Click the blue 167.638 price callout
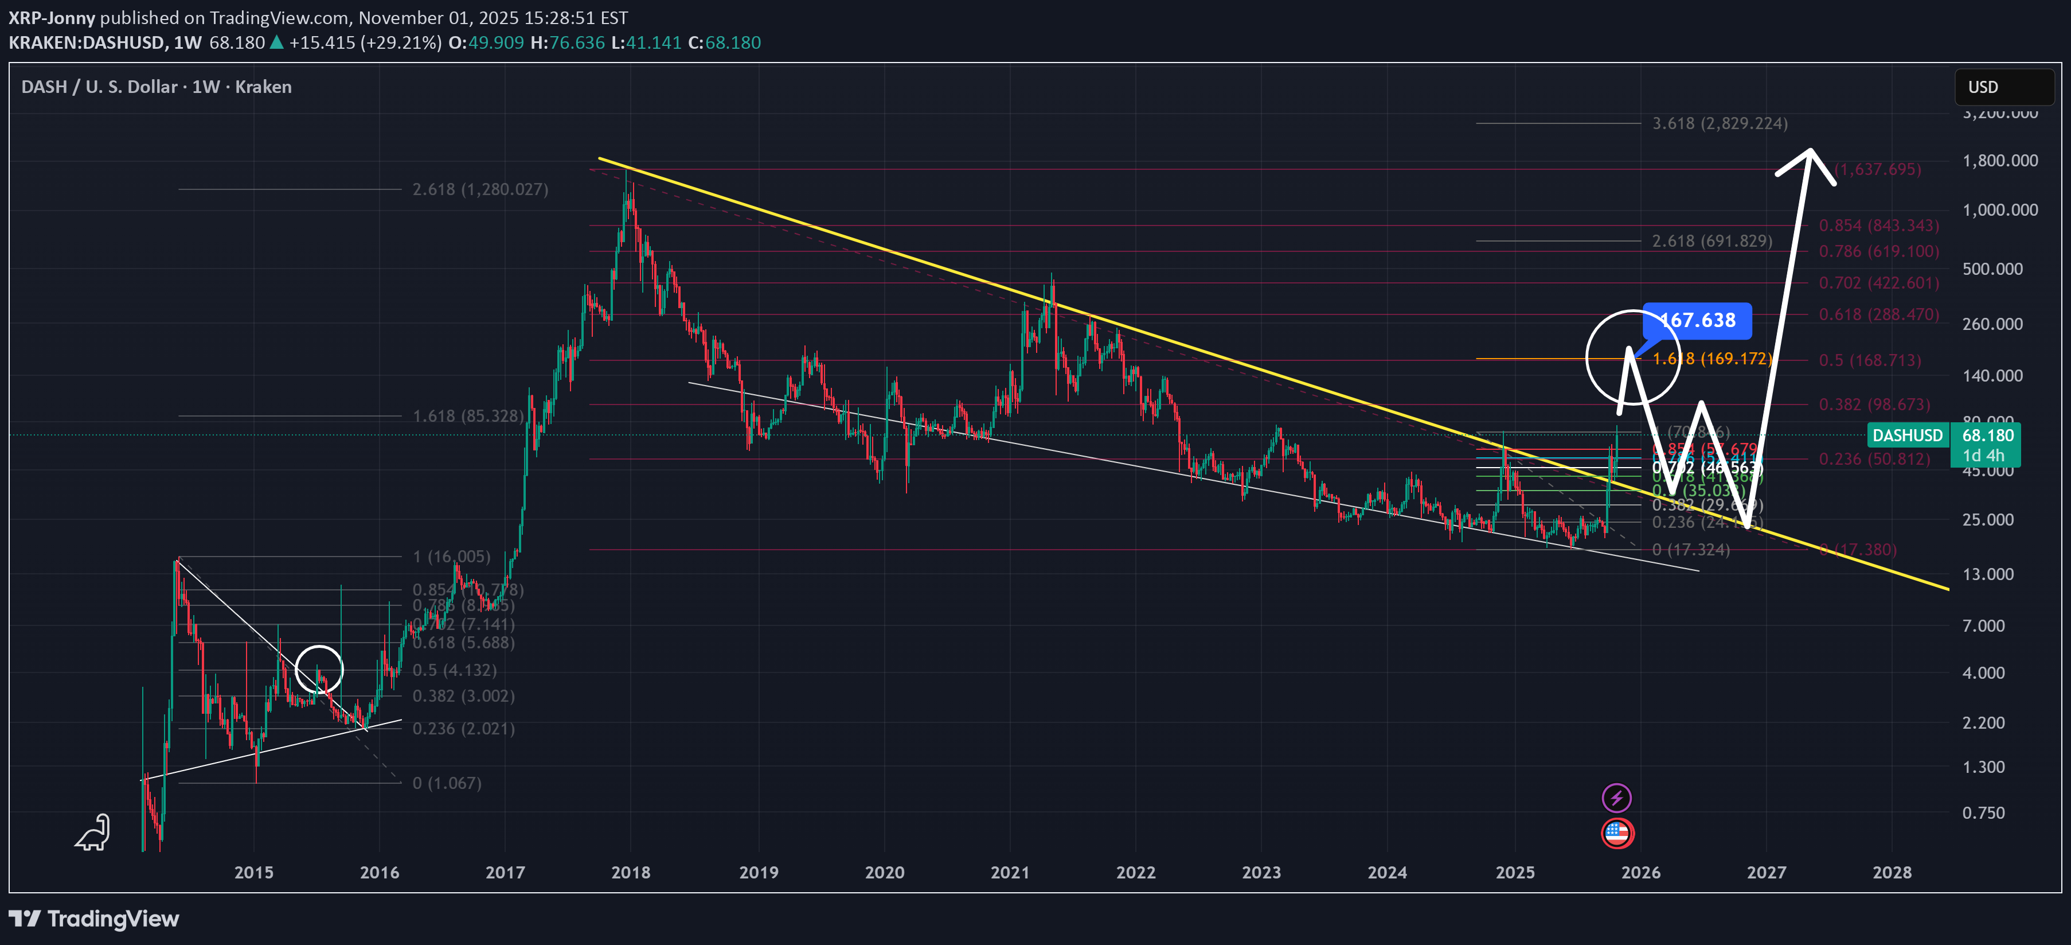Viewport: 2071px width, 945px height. (x=1697, y=320)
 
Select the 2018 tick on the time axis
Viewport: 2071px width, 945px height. (x=630, y=872)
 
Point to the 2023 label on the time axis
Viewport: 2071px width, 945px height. (x=1261, y=872)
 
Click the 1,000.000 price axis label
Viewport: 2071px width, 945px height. (x=1999, y=210)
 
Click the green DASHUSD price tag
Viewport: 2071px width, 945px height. (x=1907, y=435)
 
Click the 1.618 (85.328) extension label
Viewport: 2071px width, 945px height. (x=468, y=416)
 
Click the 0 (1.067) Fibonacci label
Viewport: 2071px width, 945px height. (x=447, y=783)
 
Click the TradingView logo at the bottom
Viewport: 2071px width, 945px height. (x=94, y=919)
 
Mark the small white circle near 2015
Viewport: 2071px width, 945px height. (x=319, y=669)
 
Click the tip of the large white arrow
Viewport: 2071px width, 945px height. (x=1810, y=150)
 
